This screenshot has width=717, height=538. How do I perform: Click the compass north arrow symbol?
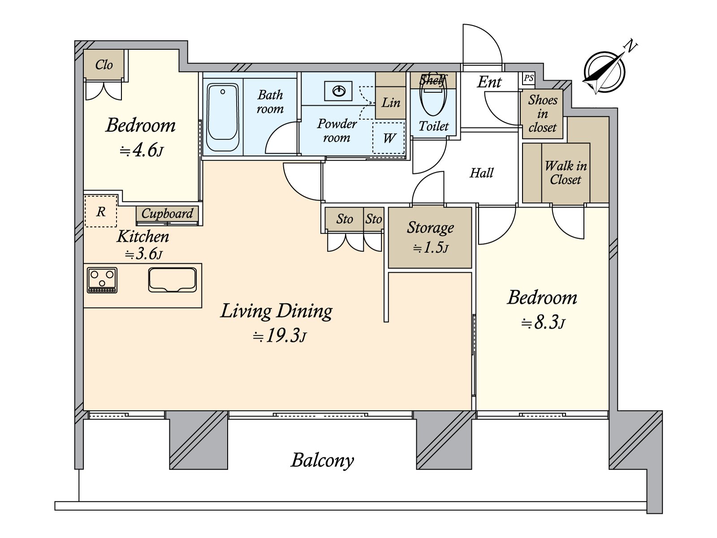[x=605, y=72]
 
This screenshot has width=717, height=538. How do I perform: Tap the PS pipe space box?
[x=528, y=78]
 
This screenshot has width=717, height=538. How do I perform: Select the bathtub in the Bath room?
[x=222, y=117]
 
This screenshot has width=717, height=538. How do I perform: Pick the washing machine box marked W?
[x=389, y=138]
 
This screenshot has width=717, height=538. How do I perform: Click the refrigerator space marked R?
[x=101, y=211]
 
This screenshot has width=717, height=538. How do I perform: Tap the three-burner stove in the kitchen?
[x=102, y=280]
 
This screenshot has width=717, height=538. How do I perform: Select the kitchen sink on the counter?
[x=173, y=280]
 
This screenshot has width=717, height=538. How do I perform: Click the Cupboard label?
[x=167, y=213]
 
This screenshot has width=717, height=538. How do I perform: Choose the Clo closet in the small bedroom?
[x=104, y=65]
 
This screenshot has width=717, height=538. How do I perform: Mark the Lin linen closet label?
[x=391, y=103]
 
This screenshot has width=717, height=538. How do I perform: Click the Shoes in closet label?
[x=542, y=113]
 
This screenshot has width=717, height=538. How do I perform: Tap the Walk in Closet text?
[x=566, y=173]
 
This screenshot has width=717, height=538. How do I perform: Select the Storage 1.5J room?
[x=430, y=238]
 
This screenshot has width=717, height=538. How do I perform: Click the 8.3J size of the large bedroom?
[x=543, y=323]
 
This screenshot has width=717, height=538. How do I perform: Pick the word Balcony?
[x=322, y=460]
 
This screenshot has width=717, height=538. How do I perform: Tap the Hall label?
[x=481, y=173]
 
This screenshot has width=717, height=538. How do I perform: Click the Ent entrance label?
[x=489, y=82]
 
